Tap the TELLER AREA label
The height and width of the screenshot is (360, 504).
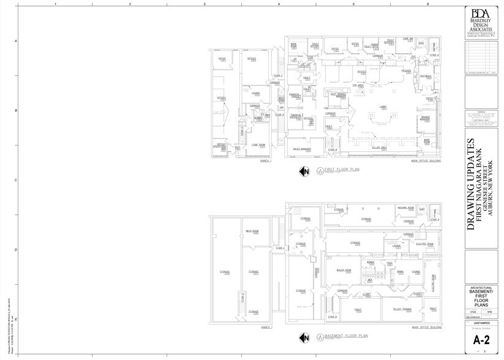(378, 148)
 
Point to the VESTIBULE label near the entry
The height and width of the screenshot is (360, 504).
(426, 76)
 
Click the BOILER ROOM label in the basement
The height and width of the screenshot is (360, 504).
(344, 270)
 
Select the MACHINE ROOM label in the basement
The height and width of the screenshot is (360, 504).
(405, 208)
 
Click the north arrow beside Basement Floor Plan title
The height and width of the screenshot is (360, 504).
(303, 337)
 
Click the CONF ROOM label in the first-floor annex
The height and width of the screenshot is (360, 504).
(258, 144)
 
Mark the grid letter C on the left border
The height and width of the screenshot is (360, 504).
(15, 180)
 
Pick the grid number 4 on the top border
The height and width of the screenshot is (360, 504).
(279, 3)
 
